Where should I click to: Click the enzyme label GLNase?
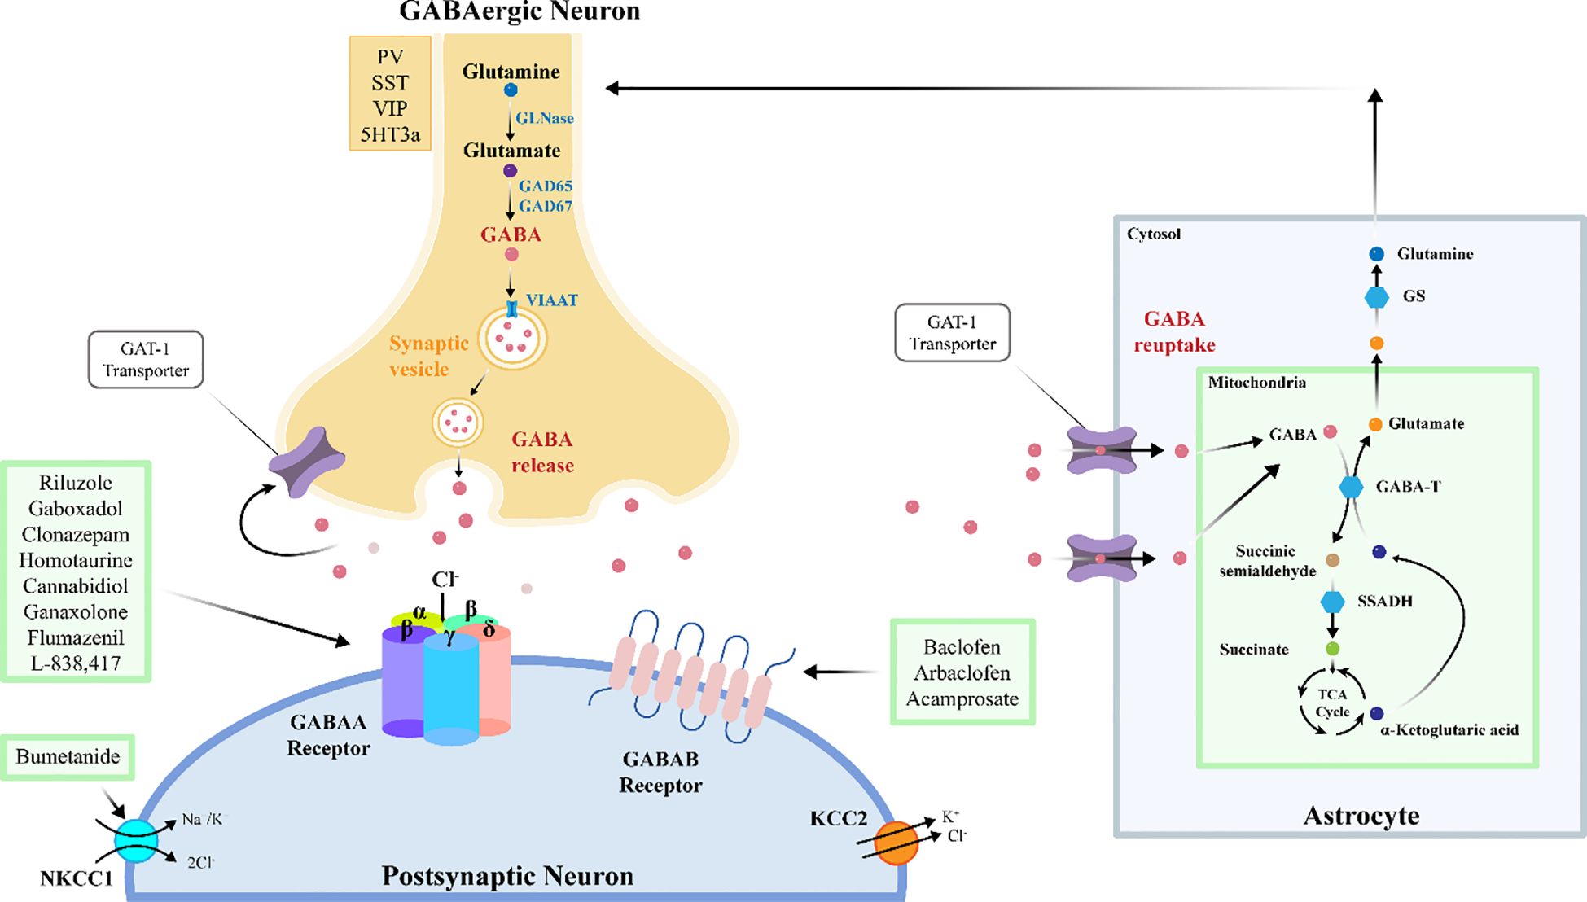[544, 118]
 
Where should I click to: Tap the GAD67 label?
[546, 206]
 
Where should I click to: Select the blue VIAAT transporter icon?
[512, 309]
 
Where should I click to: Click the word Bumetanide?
[68, 756]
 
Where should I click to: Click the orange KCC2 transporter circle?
[896, 843]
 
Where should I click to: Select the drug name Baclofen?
[962, 647]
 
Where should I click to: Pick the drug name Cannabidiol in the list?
[76, 586]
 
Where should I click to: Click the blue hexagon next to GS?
[1376, 297]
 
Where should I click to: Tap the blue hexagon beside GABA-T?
[1351, 487]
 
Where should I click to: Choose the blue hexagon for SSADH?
[1332, 602]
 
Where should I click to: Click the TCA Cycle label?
[1332, 703]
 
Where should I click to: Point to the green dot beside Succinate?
[1332, 649]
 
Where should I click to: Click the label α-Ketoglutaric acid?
[1449, 729]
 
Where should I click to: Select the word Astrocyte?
[1361, 815]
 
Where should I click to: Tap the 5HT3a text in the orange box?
[390, 134]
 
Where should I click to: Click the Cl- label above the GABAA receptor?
[445, 580]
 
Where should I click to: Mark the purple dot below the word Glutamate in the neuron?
[510, 171]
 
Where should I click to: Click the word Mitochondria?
[1256, 383]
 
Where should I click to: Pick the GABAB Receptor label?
[660, 772]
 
